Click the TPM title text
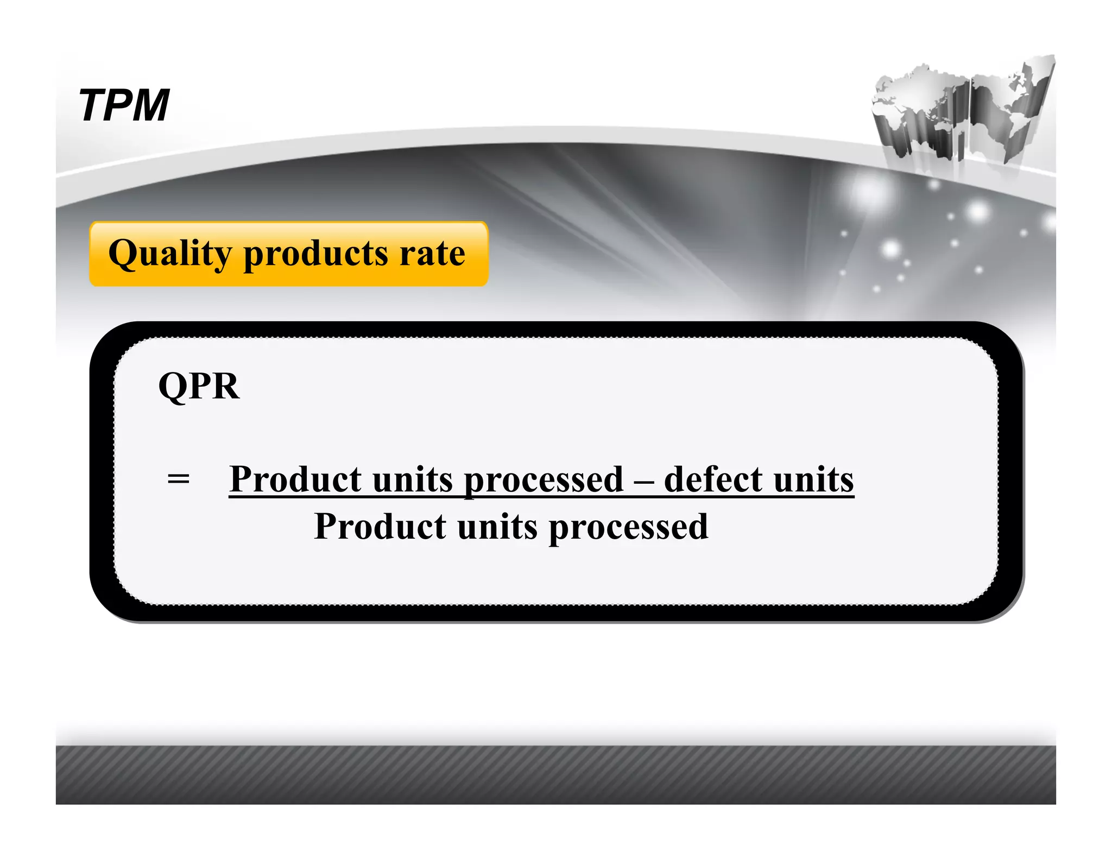124,105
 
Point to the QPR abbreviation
199,386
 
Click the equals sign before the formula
179,479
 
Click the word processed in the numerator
544,480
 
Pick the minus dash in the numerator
644,480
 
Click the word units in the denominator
497,526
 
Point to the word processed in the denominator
628,527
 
